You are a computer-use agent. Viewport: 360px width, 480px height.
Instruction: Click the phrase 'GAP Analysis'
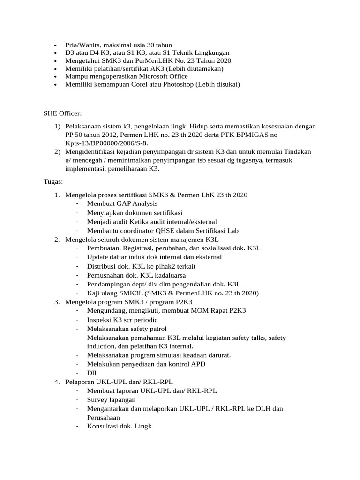[x=136, y=203]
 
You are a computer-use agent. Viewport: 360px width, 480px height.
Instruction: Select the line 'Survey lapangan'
[x=111, y=400]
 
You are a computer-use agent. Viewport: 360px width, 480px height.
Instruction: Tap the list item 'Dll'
[x=92, y=373]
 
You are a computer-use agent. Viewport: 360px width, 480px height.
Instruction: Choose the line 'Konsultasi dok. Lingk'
[x=119, y=426]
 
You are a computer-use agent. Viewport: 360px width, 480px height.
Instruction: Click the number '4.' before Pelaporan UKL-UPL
[x=56, y=382]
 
